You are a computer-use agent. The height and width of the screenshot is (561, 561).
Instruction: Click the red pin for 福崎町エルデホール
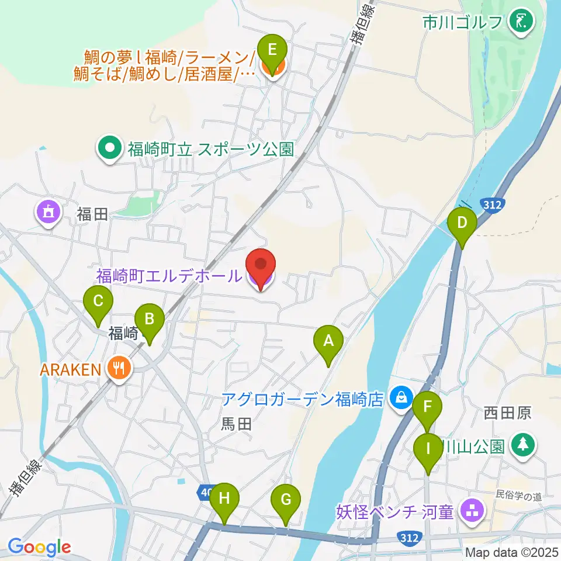pyautogui.click(x=259, y=269)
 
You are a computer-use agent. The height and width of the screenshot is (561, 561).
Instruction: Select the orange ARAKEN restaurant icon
pyautogui.click(x=120, y=369)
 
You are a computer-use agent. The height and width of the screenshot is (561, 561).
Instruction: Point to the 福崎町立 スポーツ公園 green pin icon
pyautogui.click(x=109, y=149)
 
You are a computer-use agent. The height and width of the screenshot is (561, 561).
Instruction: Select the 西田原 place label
pyautogui.click(x=507, y=414)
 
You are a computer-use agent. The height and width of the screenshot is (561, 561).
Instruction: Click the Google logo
pyautogui.click(x=40, y=548)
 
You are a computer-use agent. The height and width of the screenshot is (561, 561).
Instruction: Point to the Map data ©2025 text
pyautogui.click(x=512, y=552)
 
